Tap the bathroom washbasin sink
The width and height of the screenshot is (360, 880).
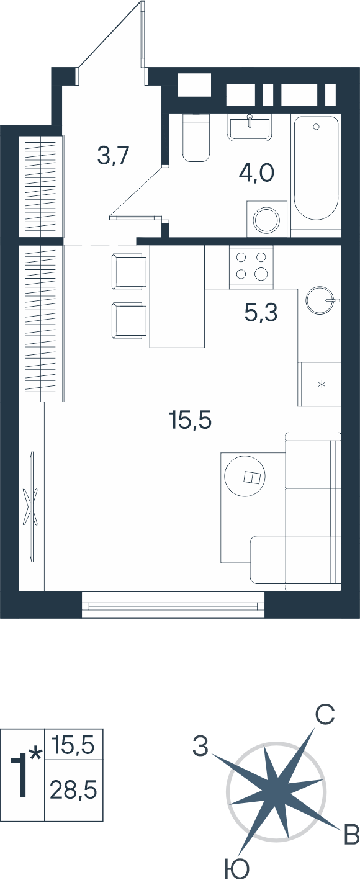250,127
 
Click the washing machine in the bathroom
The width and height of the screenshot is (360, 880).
267,219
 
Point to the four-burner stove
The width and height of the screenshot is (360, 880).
251,266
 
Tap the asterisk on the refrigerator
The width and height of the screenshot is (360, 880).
322,384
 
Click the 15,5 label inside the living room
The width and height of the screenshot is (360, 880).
190,420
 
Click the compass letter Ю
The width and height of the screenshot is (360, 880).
238,869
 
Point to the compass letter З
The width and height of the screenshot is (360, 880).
200,745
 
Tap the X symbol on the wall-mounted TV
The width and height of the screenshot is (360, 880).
31,507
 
